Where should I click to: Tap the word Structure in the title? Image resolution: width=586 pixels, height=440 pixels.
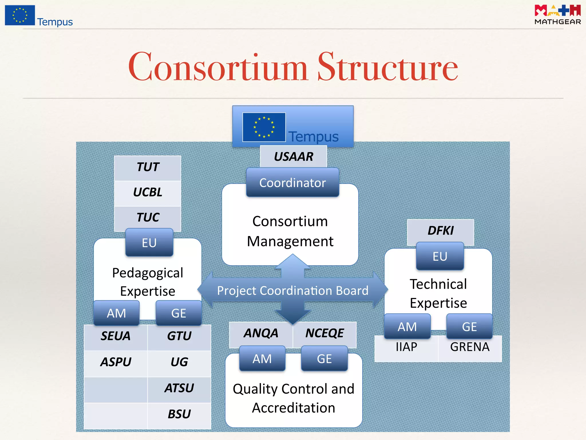[388, 67]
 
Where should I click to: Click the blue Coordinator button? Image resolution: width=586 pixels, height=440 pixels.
[292, 182]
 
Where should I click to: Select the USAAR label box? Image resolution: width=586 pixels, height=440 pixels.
[293, 156]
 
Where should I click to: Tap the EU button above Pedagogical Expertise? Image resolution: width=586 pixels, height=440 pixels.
[149, 243]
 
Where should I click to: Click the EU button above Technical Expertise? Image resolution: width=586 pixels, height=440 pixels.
[440, 256]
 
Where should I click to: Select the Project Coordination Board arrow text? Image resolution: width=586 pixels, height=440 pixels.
[292, 290]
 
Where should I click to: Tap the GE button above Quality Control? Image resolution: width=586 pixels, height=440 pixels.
[324, 359]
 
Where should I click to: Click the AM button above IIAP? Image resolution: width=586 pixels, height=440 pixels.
[407, 327]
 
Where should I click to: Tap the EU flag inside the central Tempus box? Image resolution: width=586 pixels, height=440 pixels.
[264, 127]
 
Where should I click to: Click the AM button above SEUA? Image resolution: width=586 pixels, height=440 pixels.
[116, 313]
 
